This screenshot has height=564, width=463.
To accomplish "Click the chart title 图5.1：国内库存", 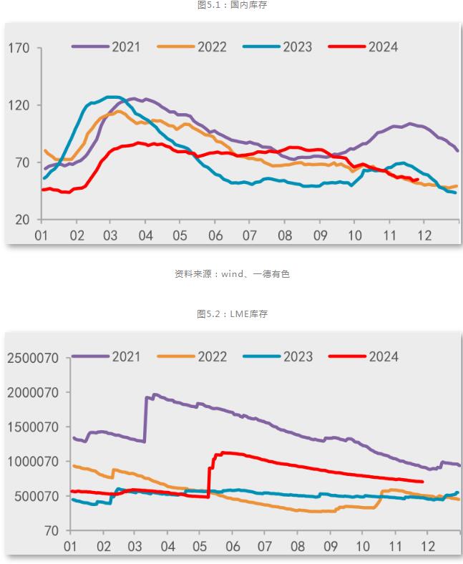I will coord(232,5).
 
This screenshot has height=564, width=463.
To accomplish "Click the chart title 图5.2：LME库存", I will coord(232,314).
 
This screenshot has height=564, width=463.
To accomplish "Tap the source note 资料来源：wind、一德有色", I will coord(232,273).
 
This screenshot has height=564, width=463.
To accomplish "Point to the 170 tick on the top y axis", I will coord(19,49).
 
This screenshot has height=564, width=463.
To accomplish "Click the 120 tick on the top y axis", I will coord(19,105).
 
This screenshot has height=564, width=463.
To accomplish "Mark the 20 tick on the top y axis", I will coord(22,220).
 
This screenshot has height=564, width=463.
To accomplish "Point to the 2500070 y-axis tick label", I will coord(35,358).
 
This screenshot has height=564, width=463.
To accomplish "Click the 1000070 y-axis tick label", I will coord(35,462).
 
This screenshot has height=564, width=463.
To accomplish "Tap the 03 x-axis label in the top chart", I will coord(110,235).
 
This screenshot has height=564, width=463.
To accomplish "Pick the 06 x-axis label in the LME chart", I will coord(233,546).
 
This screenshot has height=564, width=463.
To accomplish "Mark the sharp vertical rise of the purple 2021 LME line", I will coord(146,419).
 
